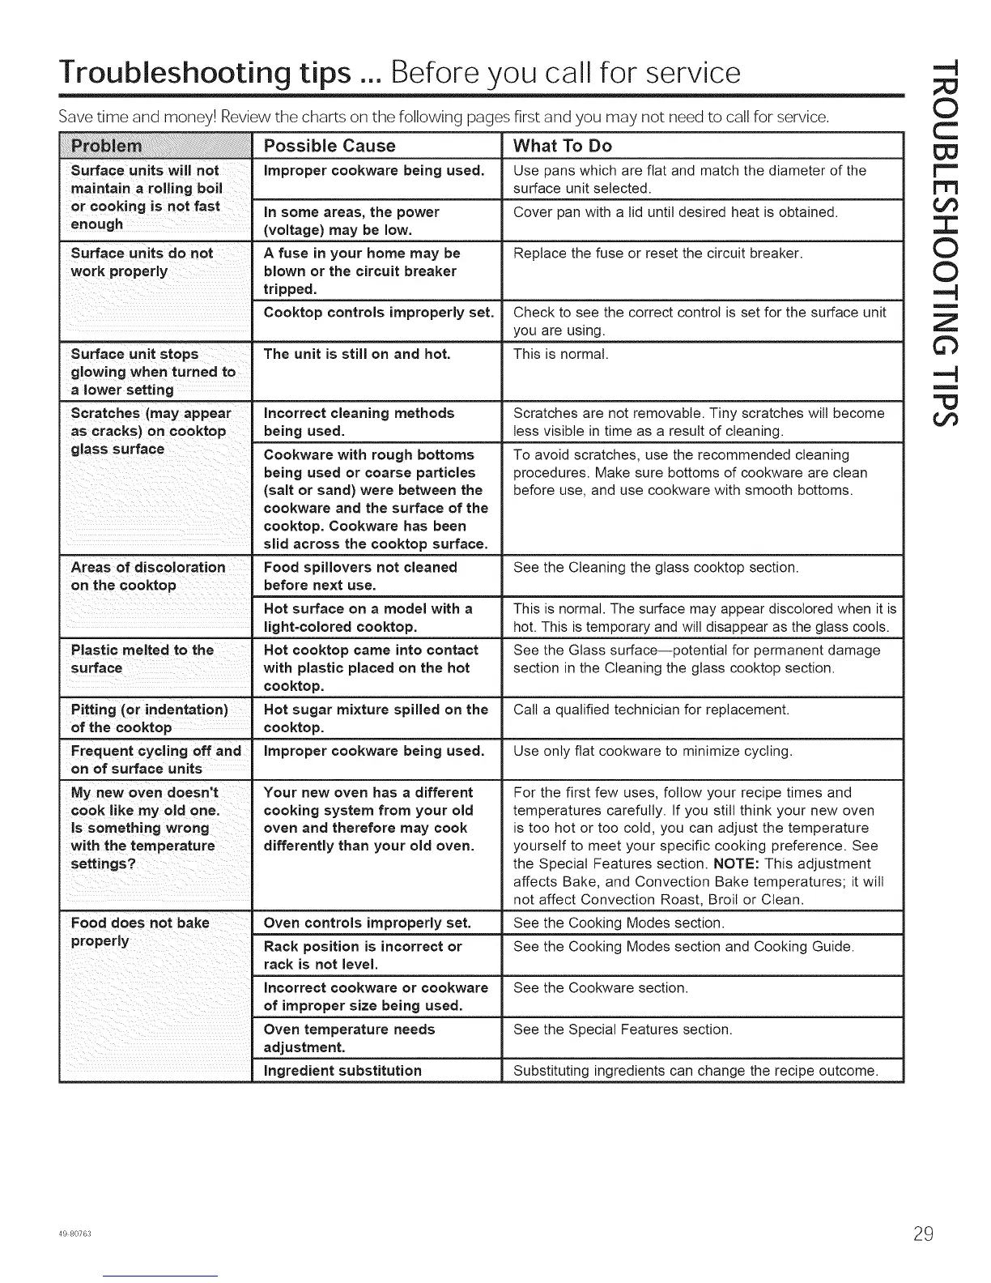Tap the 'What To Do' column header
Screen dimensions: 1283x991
[x=563, y=147]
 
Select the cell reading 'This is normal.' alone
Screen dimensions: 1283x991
[x=560, y=355]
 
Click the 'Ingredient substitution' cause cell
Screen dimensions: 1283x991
[x=342, y=1071]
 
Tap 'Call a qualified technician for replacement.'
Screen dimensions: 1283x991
[x=651, y=710]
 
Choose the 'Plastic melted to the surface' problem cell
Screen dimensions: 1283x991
[x=142, y=659]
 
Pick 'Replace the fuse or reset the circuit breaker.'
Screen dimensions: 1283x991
[x=657, y=254]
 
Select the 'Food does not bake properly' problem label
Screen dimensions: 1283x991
[x=140, y=931]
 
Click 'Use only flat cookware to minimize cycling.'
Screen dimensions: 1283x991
[x=653, y=752]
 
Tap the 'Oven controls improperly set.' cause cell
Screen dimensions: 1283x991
[x=368, y=923]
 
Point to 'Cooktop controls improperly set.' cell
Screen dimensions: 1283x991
[x=379, y=313]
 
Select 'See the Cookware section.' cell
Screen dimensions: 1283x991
[x=601, y=988]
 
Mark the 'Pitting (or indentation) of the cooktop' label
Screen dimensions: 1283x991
[x=150, y=718]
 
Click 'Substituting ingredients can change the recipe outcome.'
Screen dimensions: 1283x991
[x=695, y=1071]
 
